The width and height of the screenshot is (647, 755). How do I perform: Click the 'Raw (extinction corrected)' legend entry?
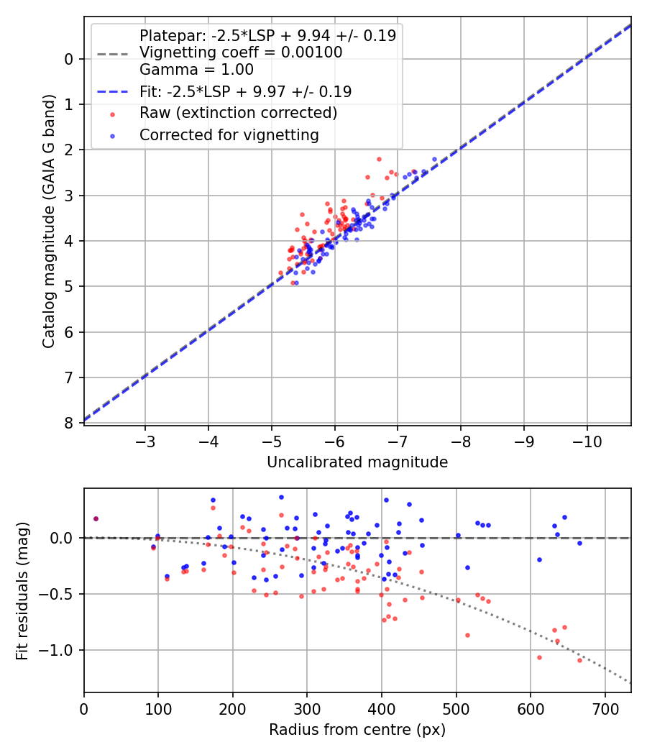tap(238, 113)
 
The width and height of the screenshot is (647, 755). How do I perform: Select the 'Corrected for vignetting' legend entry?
tap(229, 134)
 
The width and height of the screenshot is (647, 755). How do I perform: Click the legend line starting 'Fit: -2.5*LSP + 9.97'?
tap(245, 91)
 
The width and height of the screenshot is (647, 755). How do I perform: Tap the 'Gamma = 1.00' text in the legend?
tap(196, 70)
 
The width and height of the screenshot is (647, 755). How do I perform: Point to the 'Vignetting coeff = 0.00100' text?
tap(241, 52)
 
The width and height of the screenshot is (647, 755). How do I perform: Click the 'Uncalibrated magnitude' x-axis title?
tap(357, 462)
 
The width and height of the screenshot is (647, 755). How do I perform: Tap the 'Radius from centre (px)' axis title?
tap(357, 730)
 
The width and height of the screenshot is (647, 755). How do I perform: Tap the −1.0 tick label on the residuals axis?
tap(61, 650)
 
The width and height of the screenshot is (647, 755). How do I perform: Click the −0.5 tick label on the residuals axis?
tap(61, 594)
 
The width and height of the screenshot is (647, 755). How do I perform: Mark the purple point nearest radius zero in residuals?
tap(96, 518)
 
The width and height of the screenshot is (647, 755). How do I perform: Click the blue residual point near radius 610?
tap(539, 559)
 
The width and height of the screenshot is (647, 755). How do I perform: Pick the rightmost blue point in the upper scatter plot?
tap(434, 159)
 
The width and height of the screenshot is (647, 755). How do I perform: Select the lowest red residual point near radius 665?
tap(579, 660)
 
